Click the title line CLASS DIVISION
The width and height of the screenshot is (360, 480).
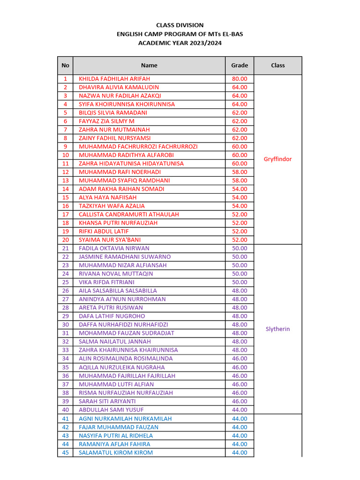[180, 25]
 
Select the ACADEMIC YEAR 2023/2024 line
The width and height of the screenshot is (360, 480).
[180, 43]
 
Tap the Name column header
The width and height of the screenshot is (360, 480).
[149, 66]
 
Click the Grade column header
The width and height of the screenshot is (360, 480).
[240, 66]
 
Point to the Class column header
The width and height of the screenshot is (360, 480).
[277, 66]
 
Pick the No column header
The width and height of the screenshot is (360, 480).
[65, 66]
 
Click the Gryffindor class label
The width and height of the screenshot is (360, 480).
[277, 159]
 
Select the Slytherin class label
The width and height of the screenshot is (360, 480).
[277, 329]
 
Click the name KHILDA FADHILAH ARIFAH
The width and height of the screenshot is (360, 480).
[114, 79]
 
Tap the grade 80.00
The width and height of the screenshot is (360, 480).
[240, 79]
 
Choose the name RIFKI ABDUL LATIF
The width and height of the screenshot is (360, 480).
[104, 232]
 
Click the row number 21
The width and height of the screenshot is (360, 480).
[65, 248]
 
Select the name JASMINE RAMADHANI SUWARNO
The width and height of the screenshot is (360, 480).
[125, 257]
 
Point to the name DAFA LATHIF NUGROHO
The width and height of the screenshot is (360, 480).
[112, 316]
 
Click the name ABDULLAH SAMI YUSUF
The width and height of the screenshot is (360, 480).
[111, 410]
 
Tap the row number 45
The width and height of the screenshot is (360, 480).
[65, 452]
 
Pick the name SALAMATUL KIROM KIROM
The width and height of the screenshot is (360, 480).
[116, 452]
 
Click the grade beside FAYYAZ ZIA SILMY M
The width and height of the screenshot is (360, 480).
[240, 121]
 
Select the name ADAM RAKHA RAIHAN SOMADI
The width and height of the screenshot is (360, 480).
[121, 189]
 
